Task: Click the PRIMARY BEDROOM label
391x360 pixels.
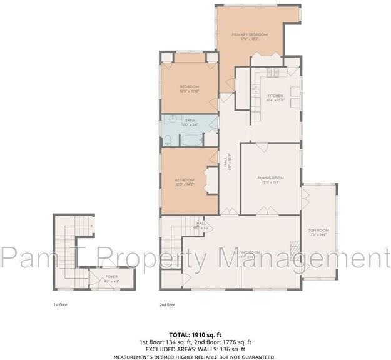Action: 250,34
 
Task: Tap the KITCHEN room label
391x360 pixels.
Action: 276,95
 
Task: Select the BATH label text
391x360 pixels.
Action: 190,120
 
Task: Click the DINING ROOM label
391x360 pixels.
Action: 270,178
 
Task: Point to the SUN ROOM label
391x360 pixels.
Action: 318,231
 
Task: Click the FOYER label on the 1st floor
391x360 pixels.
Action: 111,276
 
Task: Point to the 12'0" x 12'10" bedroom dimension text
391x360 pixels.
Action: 189,91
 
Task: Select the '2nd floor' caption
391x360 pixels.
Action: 168,305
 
